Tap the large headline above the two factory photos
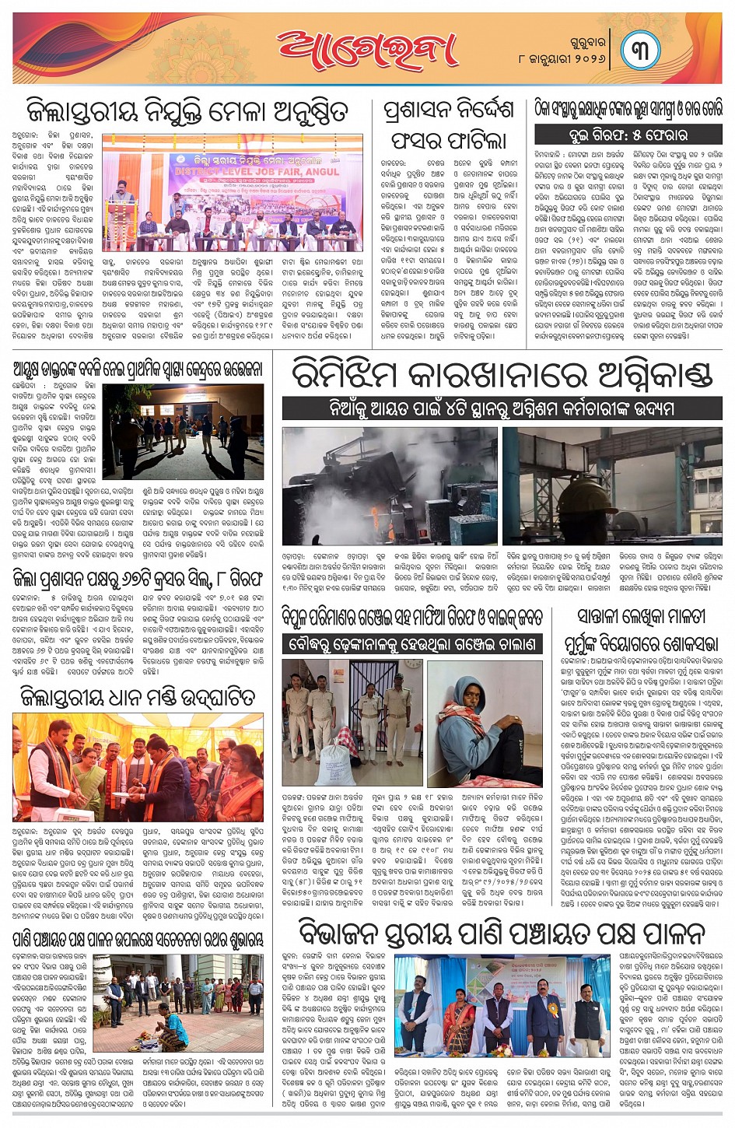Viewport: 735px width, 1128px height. (x=502, y=375)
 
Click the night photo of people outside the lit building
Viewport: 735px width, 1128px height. (x=183, y=431)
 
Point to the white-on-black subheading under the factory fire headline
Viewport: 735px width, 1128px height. (x=502, y=408)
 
